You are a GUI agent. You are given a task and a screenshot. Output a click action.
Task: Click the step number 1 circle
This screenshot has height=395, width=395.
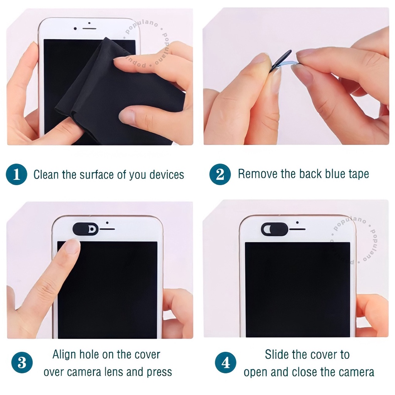point(16,174)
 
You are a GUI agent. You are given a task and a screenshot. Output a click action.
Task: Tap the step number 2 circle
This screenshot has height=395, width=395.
point(220,174)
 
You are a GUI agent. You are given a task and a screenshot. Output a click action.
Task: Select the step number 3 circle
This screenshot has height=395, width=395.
point(22,363)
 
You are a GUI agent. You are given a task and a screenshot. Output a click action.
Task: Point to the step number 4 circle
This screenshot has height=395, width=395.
point(225,363)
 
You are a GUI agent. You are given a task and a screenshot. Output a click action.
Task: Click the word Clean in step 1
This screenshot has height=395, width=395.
point(46,175)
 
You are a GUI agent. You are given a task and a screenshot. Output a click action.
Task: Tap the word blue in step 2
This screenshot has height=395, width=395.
point(336,174)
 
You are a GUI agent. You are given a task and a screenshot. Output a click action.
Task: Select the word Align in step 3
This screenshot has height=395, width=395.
point(64,355)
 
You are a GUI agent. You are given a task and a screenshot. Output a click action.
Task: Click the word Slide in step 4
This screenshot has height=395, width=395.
point(276,355)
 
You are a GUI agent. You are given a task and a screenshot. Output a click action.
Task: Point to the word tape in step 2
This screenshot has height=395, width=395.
point(359,174)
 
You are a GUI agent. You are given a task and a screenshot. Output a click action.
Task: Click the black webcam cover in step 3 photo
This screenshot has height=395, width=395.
point(85,229)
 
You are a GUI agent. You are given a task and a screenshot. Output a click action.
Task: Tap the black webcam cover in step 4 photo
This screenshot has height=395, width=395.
point(274,229)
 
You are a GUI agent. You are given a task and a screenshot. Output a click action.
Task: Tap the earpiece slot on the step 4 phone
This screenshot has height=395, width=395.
point(297,229)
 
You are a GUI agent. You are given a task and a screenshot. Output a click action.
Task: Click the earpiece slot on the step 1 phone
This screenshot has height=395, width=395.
point(89,29)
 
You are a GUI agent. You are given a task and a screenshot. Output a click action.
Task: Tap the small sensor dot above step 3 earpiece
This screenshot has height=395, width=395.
point(107,223)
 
